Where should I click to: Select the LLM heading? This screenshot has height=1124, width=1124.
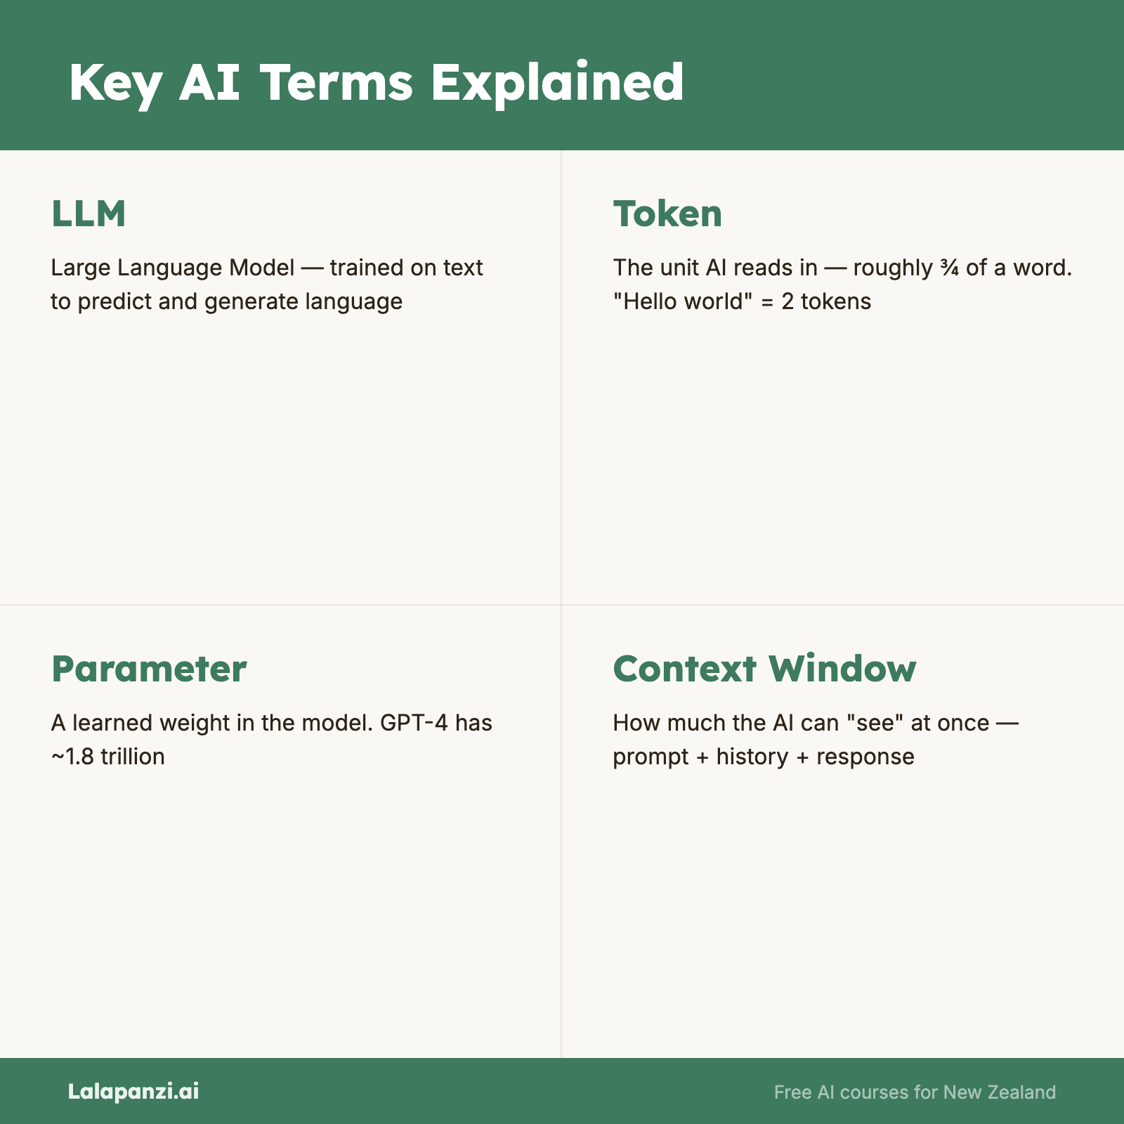[x=89, y=214]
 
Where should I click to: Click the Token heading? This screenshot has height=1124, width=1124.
[x=667, y=214]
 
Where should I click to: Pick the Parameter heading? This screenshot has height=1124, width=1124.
[x=149, y=669]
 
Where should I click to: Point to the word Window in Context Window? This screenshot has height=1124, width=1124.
[x=842, y=668]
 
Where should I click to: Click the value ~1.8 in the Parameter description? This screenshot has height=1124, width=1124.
[x=73, y=757]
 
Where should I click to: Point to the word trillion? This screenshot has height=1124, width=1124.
[x=133, y=756]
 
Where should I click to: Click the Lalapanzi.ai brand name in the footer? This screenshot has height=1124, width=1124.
[x=133, y=1092]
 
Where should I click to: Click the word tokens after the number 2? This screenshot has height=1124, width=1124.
[x=836, y=301]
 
